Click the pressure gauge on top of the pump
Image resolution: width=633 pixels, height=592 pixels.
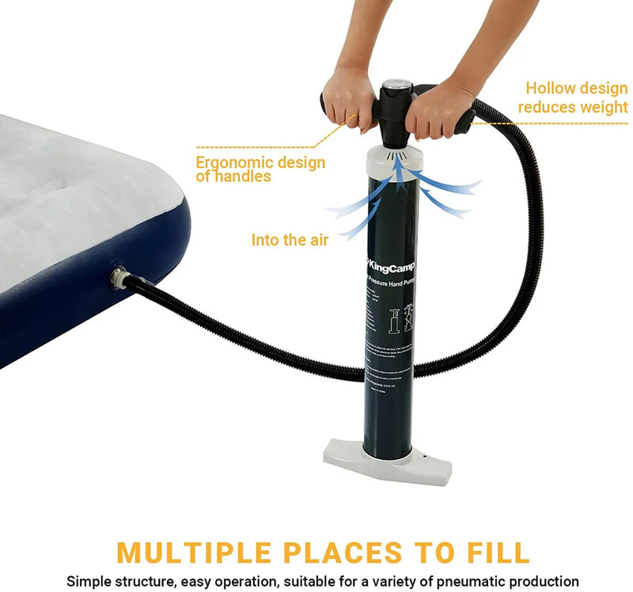pyautogui.click(x=395, y=88)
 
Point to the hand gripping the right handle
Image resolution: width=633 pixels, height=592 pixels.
pyautogui.click(x=440, y=108)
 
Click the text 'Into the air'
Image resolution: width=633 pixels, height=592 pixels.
pyautogui.click(x=290, y=239)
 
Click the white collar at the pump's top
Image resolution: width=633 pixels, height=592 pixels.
pyautogui.click(x=393, y=161)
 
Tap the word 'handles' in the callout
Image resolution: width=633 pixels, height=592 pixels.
pyautogui.click(x=244, y=177)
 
